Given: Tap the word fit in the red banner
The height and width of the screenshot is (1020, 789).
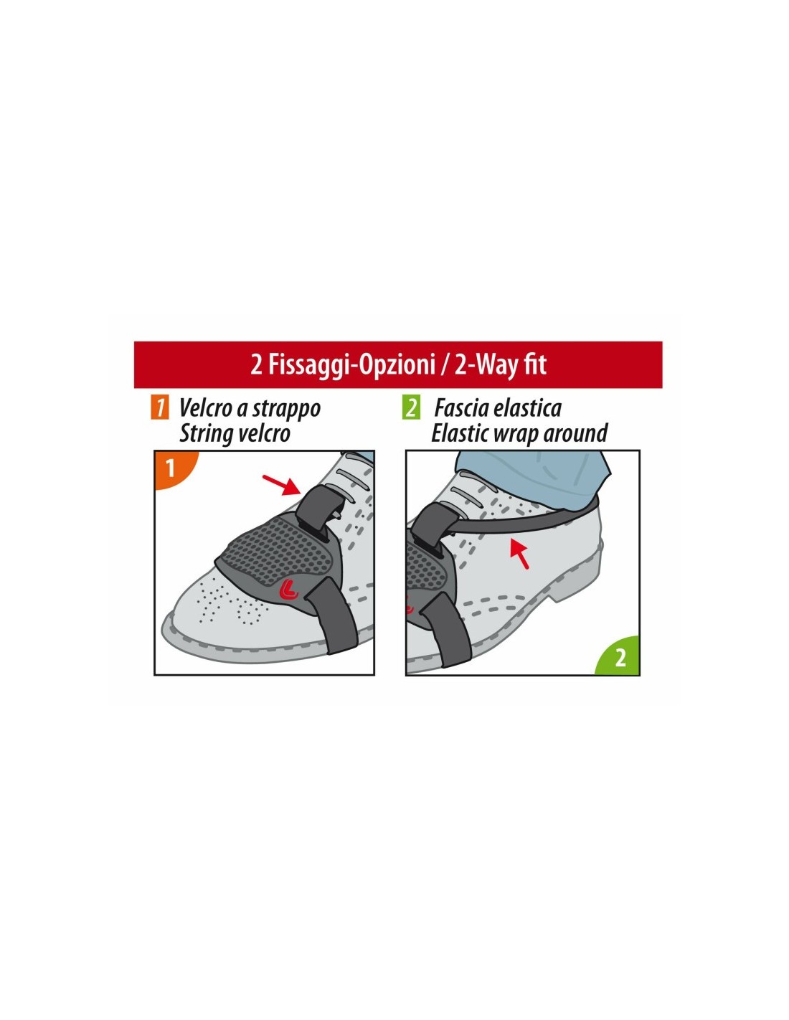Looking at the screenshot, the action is (535, 364).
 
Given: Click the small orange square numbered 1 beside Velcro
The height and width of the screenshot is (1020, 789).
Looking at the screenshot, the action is (159, 408).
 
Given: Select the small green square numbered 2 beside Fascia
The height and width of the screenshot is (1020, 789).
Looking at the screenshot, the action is (411, 408).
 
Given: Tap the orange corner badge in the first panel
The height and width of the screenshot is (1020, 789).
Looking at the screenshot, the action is (171, 468).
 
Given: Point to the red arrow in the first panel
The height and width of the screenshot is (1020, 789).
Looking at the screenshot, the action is (282, 485).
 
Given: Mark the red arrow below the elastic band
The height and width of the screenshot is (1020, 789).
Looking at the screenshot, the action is (519, 553).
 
